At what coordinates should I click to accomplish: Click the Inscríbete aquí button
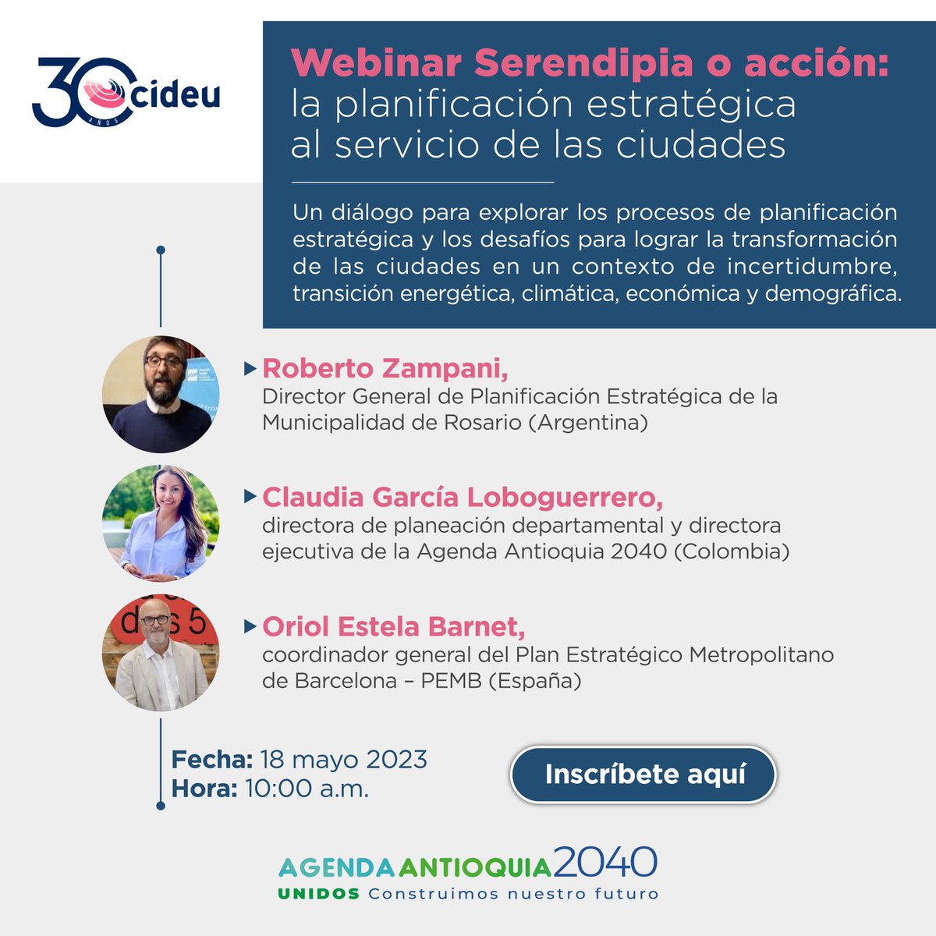tap(644, 775)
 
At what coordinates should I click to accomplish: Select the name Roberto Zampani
tap(385, 368)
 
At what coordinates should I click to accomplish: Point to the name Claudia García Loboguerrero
tap(463, 497)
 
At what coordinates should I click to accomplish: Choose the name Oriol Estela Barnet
tap(393, 626)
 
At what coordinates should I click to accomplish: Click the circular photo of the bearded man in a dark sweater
tap(161, 395)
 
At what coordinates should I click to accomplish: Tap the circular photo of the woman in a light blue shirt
tap(161, 523)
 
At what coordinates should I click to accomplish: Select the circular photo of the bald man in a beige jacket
tap(161, 654)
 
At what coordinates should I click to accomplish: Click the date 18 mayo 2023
tap(343, 759)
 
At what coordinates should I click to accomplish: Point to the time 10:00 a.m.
tap(307, 789)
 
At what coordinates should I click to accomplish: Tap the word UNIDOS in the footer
tap(318, 894)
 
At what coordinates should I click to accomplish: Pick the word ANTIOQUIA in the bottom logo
tap(475, 867)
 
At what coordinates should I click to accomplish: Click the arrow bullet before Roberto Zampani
tap(250, 367)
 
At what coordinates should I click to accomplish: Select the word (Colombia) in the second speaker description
tap(731, 551)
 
